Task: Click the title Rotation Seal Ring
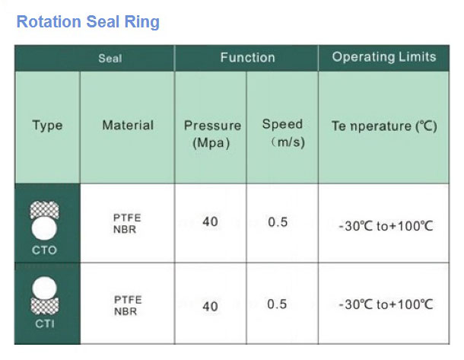point(88,22)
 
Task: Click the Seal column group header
point(110,59)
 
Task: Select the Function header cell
point(248,57)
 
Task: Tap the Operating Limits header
point(384,57)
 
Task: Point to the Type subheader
point(47,126)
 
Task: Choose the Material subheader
point(128,125)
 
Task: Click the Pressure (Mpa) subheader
point(212,134)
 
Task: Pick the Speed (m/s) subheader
point(284,133)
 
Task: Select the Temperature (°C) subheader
point(384,126)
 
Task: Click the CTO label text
point(44,250)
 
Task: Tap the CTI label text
point(45,324)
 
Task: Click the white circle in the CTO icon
point(44,228)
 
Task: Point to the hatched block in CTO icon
point(44,210)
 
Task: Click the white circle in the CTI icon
point(44,288)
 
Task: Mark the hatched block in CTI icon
point(45,306)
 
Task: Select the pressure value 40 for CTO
point(210,221)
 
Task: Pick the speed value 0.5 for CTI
point(277,304)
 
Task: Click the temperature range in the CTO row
point(386,226)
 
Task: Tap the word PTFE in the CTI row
point(128,300)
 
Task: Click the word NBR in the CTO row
point(125,229)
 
